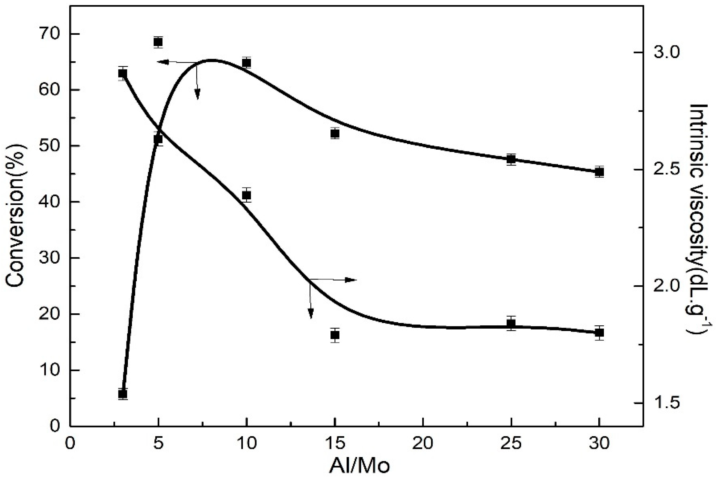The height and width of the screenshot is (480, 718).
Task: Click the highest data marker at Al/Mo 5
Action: pos(158,42)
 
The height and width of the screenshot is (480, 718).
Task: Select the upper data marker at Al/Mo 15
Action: pos(335,134)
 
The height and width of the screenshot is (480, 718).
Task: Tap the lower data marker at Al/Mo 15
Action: pos(335,335)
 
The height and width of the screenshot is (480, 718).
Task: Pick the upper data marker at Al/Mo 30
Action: pos(600,172)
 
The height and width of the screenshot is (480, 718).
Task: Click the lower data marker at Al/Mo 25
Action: pos(511,324)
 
